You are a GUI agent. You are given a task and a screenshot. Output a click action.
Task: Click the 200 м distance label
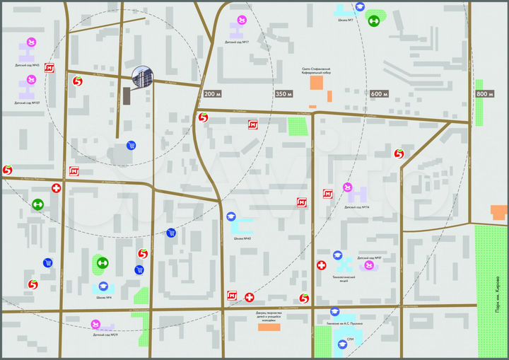(212, 94)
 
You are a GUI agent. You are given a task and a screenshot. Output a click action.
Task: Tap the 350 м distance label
(283, 94)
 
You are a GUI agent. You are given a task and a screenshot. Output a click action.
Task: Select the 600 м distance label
(379, 94)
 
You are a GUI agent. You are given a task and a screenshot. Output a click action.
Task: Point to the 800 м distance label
(484, 94)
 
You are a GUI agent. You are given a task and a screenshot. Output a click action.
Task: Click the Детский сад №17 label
(238, 43)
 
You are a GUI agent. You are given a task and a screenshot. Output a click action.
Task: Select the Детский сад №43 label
(27, 65)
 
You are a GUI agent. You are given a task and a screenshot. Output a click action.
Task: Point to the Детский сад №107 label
(27, 103)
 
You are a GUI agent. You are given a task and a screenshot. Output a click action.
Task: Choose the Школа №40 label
(242, 238)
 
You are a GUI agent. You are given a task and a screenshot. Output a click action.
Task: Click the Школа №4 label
(105, 298)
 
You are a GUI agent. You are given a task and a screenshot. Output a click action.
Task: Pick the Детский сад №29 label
(105, 335)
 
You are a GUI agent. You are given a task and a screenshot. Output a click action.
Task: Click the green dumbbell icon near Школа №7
(375, 20)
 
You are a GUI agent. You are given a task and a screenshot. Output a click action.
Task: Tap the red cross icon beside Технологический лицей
(322, 265)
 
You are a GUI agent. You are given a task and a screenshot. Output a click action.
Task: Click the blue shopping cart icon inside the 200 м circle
(131, 145)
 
